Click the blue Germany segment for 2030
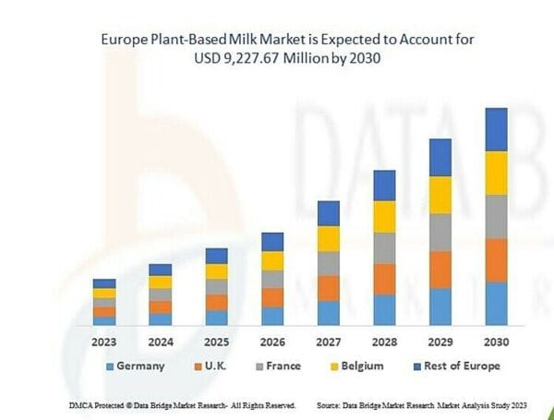coord(496,304)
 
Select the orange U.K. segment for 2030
coord(496,260)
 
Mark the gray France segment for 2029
coord(440,233)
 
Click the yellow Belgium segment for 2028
coord(384,217)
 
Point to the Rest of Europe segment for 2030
coord(496,129)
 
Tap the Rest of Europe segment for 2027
coord(328,213)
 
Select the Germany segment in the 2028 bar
coord(384,310)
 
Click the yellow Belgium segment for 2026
coord(272,260)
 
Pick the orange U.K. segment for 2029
coord(440,270)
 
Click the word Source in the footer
coord(331,405)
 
